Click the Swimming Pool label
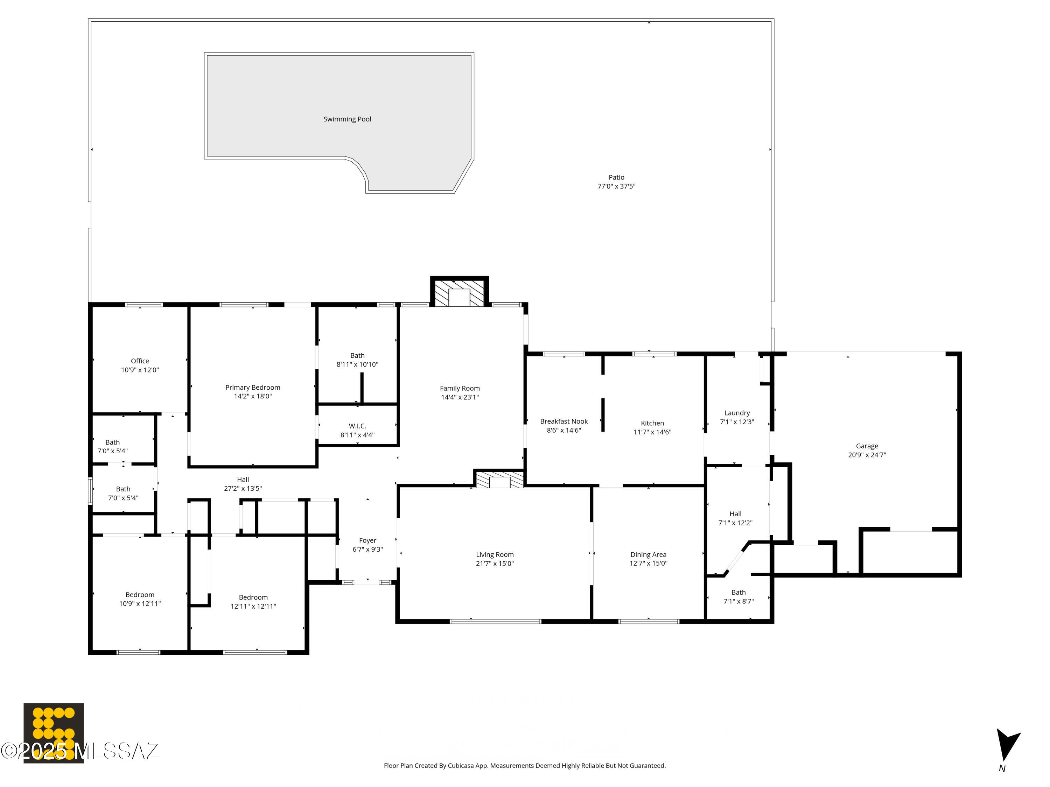(347, 119)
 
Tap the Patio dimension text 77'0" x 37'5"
(616, 186)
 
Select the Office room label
(140, 361)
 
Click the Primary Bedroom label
(253, 388)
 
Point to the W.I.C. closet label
(357, 426)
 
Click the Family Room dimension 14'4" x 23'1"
(460, 397)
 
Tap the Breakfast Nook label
(563, 421)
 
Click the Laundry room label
(737, 413)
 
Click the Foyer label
(367, 540)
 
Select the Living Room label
(495, 554)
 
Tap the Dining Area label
(648, 554)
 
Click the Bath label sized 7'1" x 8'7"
(738, 592)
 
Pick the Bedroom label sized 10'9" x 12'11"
(140, 594)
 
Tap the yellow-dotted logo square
(54, 733)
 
